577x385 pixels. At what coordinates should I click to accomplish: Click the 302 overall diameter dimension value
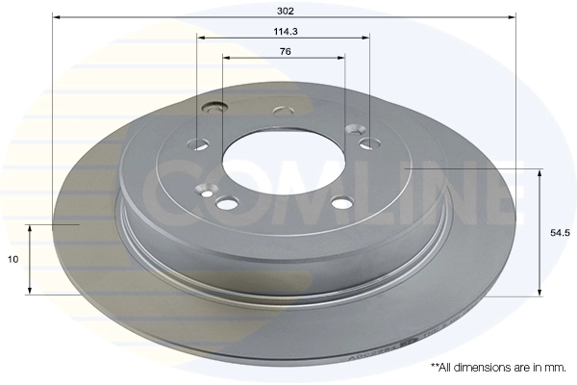(x=286, y=11)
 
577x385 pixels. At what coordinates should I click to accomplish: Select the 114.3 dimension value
(x=286, y=32)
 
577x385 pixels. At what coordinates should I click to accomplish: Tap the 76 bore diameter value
(x=286, y=52)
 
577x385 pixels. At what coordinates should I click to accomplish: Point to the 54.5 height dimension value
(x=560, y=233)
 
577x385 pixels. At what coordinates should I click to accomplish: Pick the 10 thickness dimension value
(x=13, y=259)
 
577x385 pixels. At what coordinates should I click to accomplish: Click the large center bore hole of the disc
(x=284, y=161)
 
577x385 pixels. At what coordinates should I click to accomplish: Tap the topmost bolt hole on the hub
(x=284, y=111)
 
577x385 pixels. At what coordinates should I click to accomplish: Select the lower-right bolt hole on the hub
(x=342, y=202)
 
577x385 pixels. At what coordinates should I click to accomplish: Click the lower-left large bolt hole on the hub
(x=227, y=202)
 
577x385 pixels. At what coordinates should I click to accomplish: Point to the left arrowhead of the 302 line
(x=56, y=17)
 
